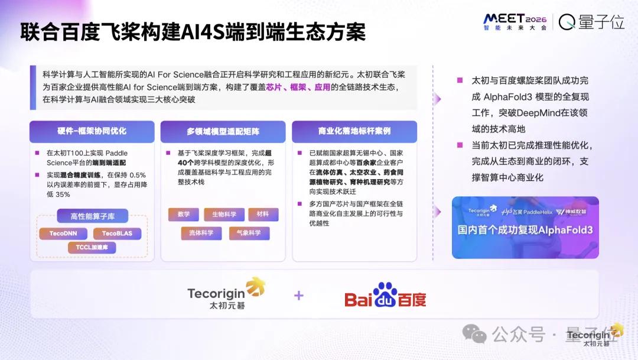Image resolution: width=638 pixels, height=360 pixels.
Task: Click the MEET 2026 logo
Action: pos(515,22)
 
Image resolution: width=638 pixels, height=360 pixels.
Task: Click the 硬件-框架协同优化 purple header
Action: pos(92,131)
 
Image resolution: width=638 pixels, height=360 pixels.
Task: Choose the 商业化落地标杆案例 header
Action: pos(354,131)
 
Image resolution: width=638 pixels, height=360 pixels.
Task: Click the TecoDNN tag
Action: pos(63,233)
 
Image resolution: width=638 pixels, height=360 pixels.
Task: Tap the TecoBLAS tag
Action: pos(117,233)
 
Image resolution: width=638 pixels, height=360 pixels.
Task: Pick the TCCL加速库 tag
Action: pos(92,247)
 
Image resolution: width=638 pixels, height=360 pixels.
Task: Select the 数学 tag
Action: pos(184,214)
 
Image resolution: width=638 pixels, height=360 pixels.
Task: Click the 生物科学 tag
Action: pos(224,214)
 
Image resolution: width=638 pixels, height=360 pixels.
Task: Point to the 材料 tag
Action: pos(263,214)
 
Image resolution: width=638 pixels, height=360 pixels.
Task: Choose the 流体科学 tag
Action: pos(201,233)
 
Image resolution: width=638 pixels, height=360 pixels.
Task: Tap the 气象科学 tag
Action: pos(249,233)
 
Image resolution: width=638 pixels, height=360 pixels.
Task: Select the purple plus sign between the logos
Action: pos(299,295)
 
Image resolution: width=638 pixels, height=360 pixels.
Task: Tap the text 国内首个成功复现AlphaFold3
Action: pos(525,230)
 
